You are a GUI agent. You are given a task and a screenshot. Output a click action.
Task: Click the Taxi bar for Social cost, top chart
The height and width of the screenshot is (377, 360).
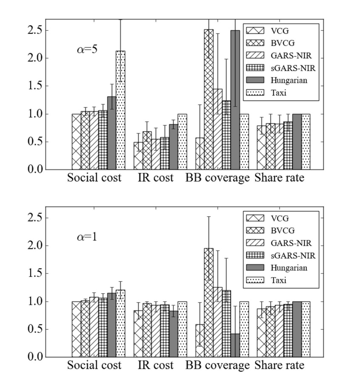(120, 111)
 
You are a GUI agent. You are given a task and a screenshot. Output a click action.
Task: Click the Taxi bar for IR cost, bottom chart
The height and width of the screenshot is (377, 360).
(182, 329)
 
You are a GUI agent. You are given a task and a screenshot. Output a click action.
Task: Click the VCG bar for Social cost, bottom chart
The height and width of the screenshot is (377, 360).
(76, 329)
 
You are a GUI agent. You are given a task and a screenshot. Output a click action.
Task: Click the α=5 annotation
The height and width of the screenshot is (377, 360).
(87, 50)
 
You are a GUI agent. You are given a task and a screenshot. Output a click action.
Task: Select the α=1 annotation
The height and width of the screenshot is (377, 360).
(87, 237)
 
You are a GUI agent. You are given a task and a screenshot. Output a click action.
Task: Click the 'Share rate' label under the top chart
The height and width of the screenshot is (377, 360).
(279, 178)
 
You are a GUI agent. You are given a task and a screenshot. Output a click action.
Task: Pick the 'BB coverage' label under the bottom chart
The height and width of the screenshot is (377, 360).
(217, 365)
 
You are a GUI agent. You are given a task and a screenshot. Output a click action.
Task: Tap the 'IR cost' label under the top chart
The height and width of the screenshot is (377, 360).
(156, 178)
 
